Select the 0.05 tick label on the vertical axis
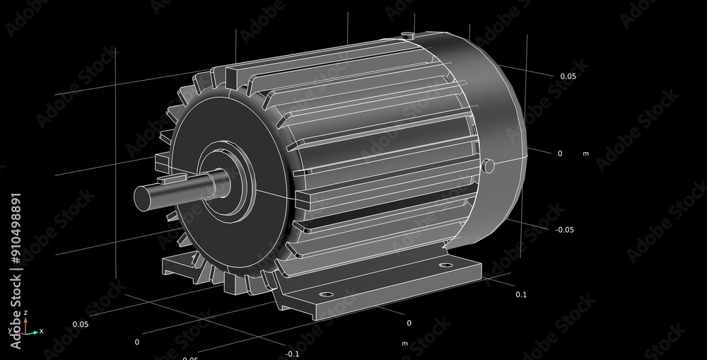(x=568, y=76)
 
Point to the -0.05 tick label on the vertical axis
(x=564, y=229)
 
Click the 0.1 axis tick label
(x=521, y=294)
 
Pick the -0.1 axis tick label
(x=292, y=353)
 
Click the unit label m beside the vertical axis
(x=585, y=153)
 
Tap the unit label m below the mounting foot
(x=405, y=343)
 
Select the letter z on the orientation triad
(x=25, y=312)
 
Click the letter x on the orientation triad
(x=41, y=331)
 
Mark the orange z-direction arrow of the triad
(x=25, y=322)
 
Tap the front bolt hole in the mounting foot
(x=325, y=294)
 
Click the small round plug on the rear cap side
(x=487, y=166)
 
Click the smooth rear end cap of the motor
(x=495, y=106)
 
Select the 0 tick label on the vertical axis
(x=560, y=153)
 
